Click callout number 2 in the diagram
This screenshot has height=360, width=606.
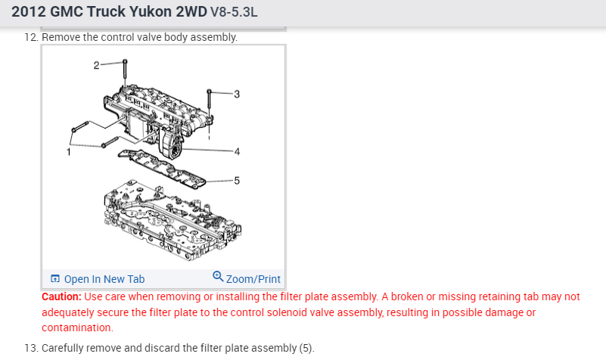coord(96,65)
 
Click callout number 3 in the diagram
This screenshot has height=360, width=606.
coord(237,95)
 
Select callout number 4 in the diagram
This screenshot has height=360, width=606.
coord(237,151)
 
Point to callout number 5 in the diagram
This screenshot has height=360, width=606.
coord(237,181)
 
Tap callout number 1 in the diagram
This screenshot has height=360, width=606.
coord(69,152)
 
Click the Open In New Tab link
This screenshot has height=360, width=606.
coord(104,279)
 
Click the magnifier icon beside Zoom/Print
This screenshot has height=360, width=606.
coord(219,277)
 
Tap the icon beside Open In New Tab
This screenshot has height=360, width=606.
coord(55,279)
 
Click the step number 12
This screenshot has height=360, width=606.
coord(31,37)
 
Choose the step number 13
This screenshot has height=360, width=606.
coord(31,348)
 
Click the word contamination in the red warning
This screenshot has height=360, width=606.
coord(76,327)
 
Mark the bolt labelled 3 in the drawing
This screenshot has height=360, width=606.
coord(208,106)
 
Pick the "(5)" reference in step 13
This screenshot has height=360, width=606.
coord(303,348)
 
